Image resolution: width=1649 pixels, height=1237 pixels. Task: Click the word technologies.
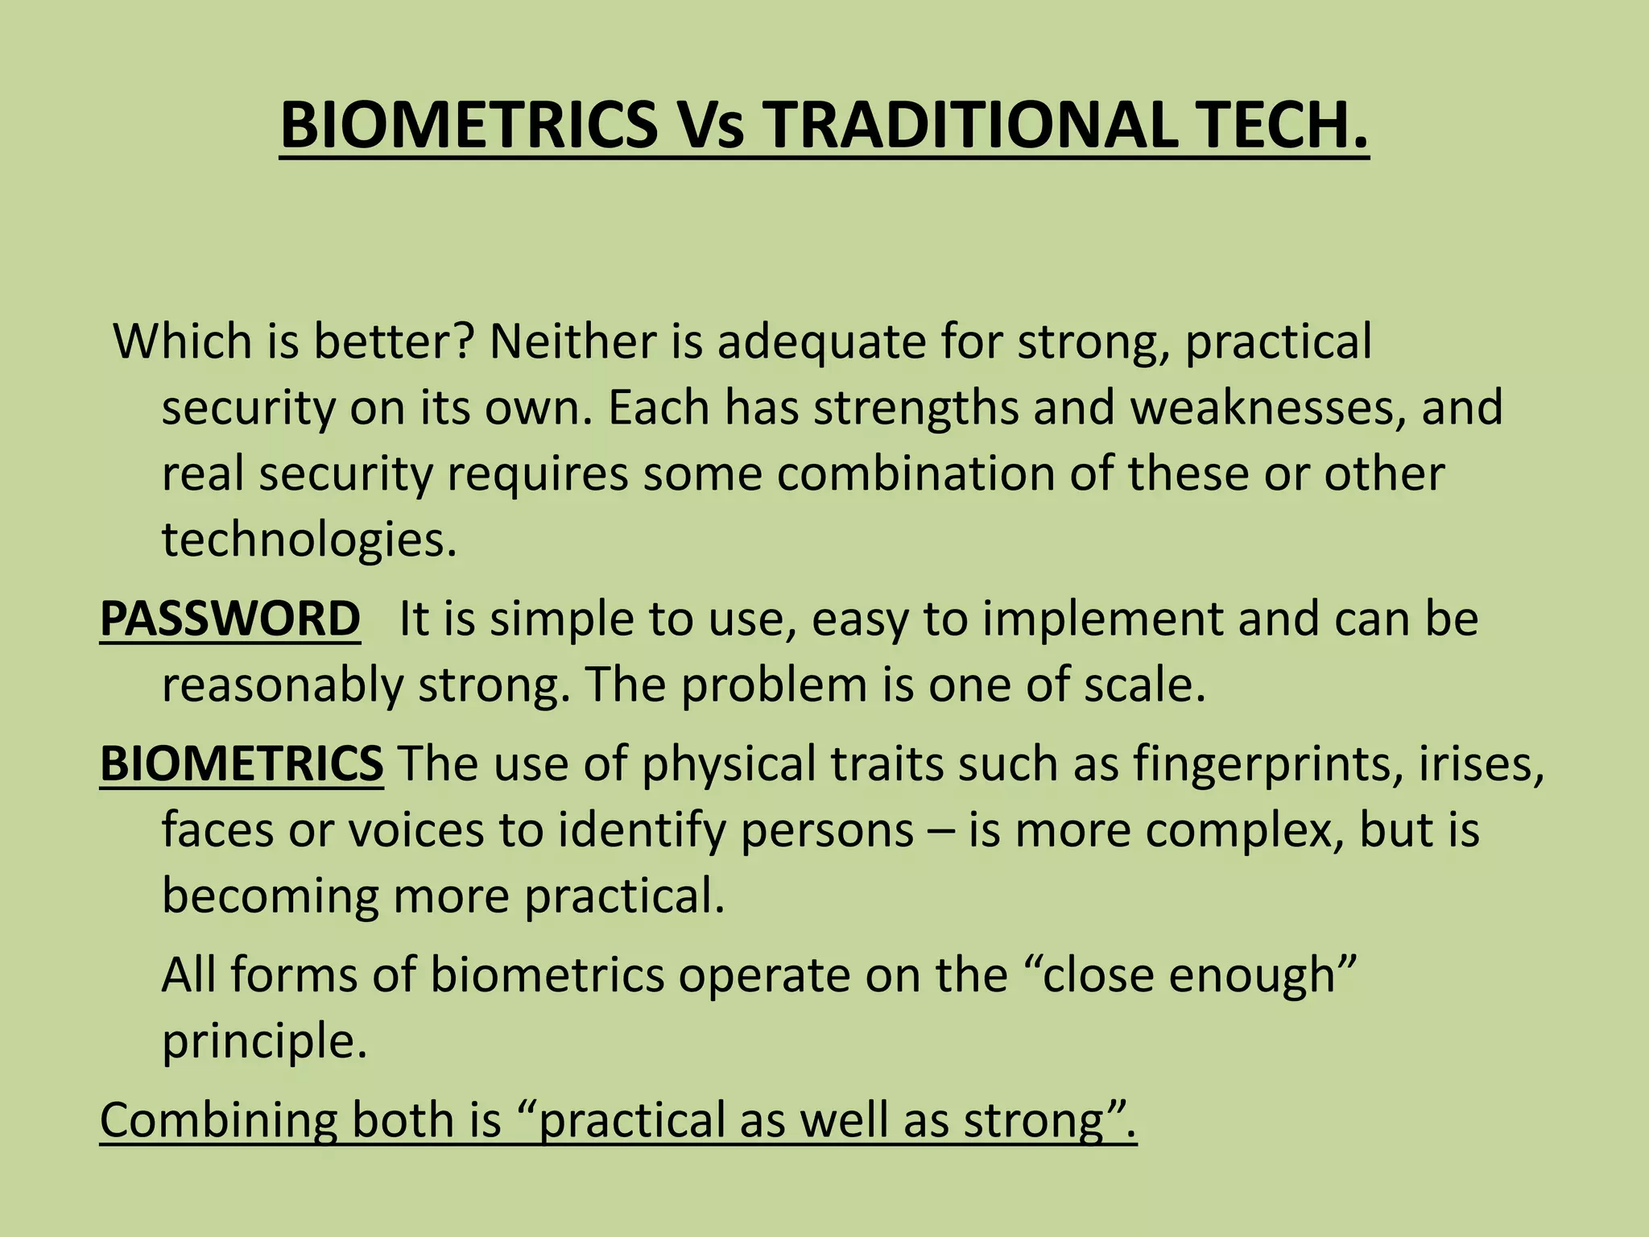[309, 540]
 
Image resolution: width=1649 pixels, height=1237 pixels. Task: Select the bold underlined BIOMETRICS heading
[242, 763]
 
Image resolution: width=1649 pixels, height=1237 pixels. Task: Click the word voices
[415, 829]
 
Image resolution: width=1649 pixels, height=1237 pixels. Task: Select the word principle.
[264, 1042]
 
